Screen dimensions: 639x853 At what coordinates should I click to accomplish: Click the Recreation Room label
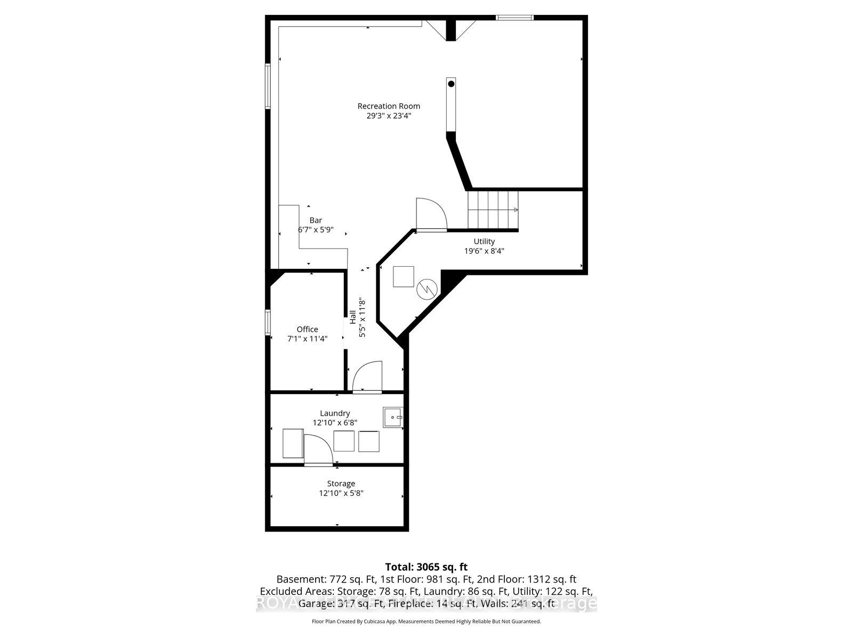pyautogui.click(x=389, y=106)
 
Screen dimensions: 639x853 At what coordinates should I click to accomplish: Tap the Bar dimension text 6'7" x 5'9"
pyautogui.click(x=316, y=230)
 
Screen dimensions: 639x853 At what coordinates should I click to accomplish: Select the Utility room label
pyautogui.click(x=484, y=241)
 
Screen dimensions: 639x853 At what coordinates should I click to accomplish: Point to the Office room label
pyautogui.click(x=307, y=329)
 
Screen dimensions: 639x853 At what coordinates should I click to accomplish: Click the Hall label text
pyautogui.click(x=353, y=317)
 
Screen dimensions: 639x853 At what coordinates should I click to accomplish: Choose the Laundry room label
pyautogui.click(x=335, y=413)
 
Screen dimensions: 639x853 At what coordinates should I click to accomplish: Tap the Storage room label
pyautogui.click(x=341, y=484)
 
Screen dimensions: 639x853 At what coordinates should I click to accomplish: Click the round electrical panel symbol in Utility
pyautogui.click(x=426, y=289)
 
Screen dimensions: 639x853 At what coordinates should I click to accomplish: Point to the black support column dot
pyautogui.click(x=451, y=84)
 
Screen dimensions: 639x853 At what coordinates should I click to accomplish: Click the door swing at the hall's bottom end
pyautogui.click(x=368, y=376)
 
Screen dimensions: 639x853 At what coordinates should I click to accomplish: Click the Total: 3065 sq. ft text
pyautogui.click(x=426, y=567)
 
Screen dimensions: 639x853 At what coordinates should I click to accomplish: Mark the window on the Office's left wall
pyautogui.click(x=268, y=322)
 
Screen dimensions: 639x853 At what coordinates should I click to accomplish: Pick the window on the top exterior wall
pyautogui.click(x=514, y=18)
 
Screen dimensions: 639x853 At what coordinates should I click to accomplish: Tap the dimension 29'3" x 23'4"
pyautogui.click(x=389, y=116)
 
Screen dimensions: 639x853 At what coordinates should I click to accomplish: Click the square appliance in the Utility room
pyautogui.click(x=403, y=276)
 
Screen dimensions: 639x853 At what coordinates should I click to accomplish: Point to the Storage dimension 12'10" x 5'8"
pyautogui.click(x=341, y=493)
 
